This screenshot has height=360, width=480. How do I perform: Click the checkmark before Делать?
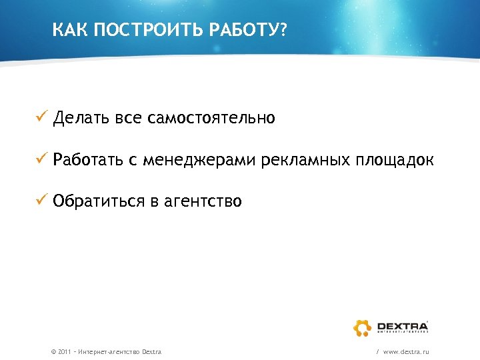point(41,119)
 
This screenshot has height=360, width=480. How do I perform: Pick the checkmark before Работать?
point(41,160)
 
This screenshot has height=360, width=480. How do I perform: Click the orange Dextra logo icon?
point(363,327)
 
